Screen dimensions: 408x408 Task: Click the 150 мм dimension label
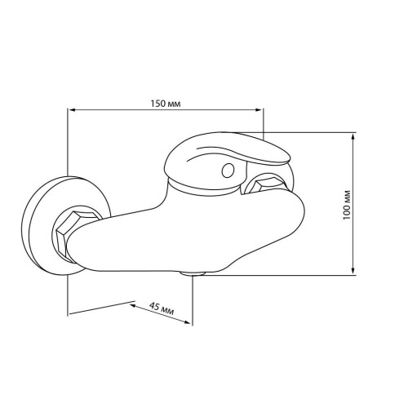point(166,104)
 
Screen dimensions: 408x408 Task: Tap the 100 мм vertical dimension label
point(347,205)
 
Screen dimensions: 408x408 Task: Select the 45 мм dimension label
point(162,308)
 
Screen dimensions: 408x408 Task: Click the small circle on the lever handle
point(228,171)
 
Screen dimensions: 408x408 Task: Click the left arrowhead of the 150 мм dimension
point(71,110)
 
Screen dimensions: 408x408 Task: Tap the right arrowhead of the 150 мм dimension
point(259,110)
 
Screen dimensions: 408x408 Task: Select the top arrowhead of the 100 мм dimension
point(353,137)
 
